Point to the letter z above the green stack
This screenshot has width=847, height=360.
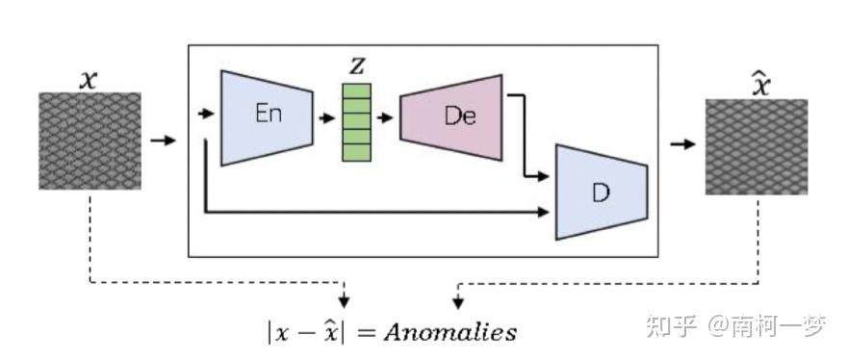pos(357,64)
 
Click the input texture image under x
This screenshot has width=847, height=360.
pos(90,141)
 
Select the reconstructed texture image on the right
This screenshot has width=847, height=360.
pos(757,146)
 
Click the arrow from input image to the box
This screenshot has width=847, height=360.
pos(164,141)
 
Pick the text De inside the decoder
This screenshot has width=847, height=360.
pos(460,116)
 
